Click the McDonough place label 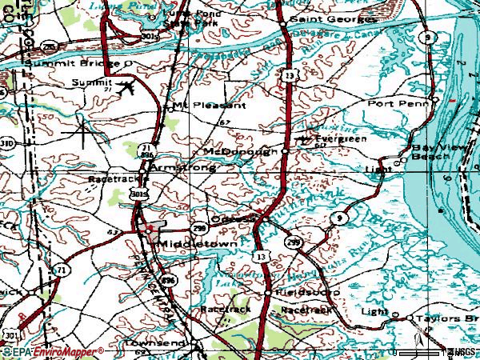[x=239, y=150]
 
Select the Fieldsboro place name [x=307, y=293]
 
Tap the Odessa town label [x=232, y=218]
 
